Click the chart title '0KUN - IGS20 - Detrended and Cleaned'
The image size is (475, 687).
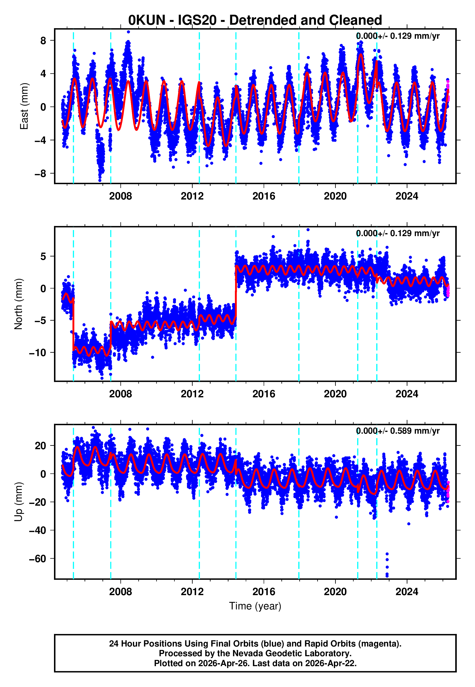click(x=255, y=20)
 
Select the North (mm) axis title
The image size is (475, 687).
click(x=18, y=304)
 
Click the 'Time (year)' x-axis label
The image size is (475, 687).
click(x=255, y=606)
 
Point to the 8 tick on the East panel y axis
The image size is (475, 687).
click(x=43, y=40)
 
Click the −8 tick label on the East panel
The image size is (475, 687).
click(x=40, y=174)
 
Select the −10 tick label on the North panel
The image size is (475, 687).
click(x=38, y=353)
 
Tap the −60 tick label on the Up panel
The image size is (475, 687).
click(x=38, y=559)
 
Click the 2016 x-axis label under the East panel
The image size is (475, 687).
click(x=264, y=196)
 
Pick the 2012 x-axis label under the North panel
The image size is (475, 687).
click(x=192, y=394)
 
